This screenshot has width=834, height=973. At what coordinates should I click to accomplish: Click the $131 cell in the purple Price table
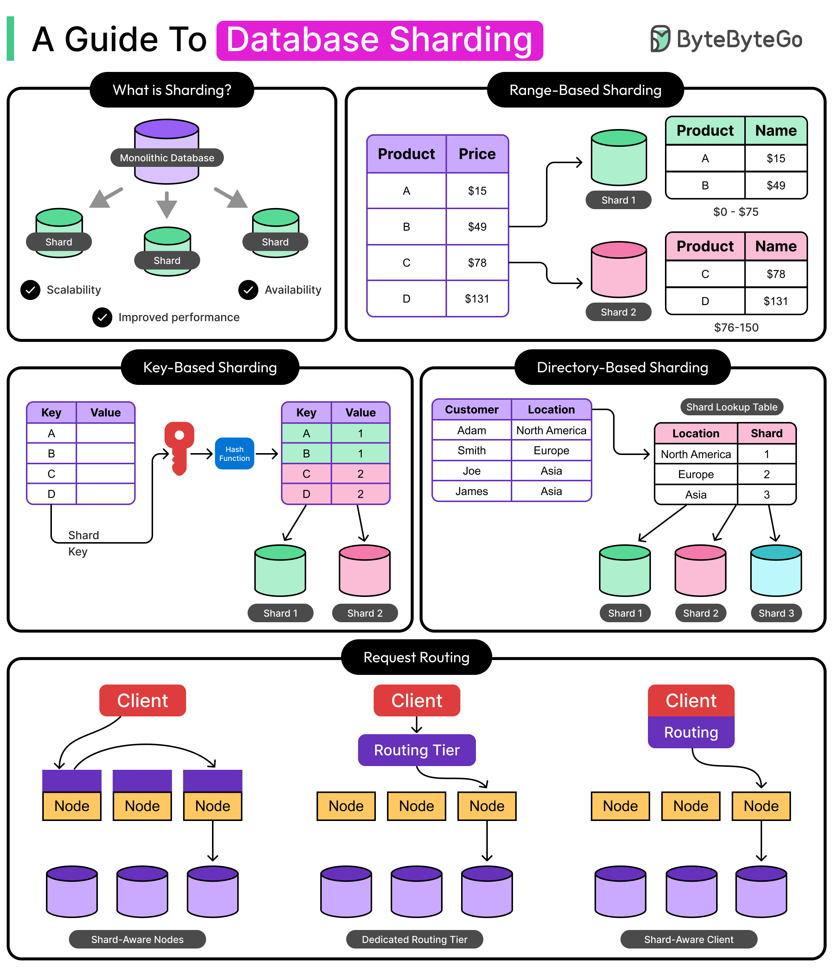point(476,299)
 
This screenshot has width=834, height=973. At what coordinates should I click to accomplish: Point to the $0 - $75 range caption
point(735,212)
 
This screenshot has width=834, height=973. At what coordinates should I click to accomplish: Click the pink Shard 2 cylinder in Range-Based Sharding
point(618,270)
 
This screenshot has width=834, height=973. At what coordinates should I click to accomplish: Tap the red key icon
point(179,448)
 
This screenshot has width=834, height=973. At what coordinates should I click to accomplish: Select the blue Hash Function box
point(234,453)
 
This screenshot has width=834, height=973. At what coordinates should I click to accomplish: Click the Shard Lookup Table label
point(731,407)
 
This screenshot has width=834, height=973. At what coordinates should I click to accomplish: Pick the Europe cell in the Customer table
point(550,450)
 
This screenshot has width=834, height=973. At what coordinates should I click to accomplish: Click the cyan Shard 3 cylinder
point(775,571)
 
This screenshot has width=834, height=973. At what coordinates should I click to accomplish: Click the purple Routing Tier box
point(416,750)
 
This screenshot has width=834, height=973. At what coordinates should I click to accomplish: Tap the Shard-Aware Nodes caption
point(137,939)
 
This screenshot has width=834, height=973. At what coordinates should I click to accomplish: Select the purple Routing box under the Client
point(691,732)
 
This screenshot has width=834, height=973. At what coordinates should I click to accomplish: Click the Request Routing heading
point(416,657)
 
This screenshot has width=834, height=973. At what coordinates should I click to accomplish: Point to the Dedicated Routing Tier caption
point(414,939)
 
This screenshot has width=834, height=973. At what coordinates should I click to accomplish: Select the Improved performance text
point(179,317)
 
